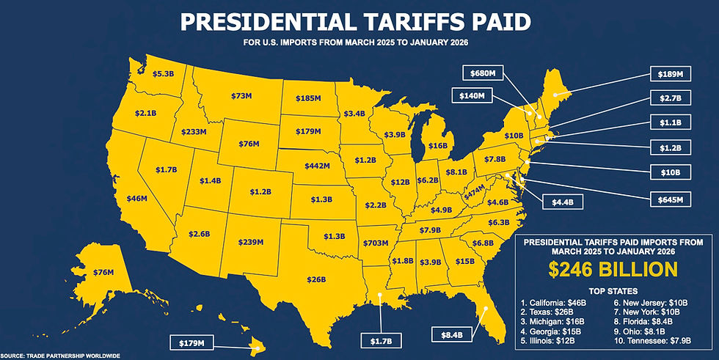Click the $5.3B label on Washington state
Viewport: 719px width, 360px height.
click(x=163, y=74)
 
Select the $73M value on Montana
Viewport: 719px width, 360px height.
click(x=241, y=96)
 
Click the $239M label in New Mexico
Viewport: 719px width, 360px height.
click(x=256, y=242)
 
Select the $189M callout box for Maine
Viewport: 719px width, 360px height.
click(x=671, y=74)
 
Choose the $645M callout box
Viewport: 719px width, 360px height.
click(x=671, y=199)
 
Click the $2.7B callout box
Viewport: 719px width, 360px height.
click(x=671, y=98)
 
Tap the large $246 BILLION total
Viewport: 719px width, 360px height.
click(x=613, y=269)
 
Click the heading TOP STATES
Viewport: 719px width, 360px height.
click(x=613, y=291)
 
